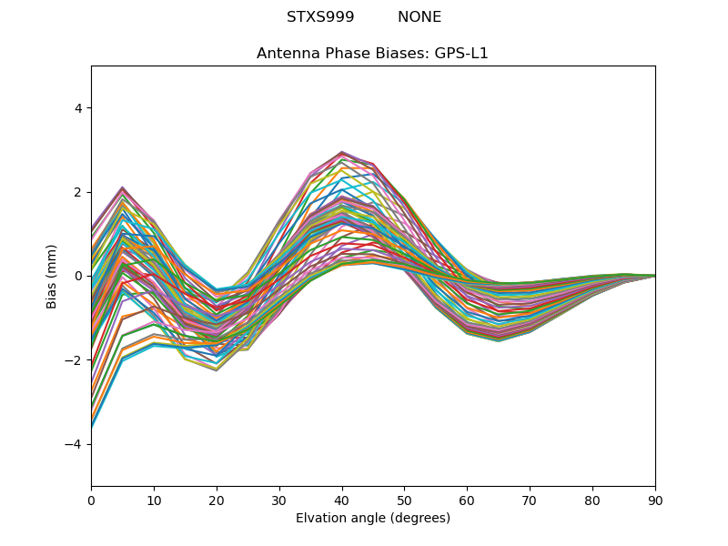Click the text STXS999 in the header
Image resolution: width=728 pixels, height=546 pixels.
320,17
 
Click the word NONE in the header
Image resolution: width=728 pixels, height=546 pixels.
420,17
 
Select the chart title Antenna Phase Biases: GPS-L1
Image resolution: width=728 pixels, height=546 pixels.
372,54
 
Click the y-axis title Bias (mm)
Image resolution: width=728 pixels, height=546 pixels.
52,276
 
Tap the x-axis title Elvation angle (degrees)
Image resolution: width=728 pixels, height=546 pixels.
372,518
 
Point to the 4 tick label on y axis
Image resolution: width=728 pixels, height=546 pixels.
77,108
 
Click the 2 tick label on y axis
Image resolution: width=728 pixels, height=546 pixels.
77,192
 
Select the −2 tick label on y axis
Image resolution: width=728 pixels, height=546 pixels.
74,360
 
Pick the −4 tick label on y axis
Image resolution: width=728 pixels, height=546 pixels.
74,444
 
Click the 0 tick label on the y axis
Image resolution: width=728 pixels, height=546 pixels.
77,276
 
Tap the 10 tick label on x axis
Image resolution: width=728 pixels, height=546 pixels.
154,500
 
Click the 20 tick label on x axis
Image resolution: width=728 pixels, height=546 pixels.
217,500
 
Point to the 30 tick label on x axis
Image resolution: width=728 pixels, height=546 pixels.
279,500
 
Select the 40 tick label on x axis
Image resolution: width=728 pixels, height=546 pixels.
342,500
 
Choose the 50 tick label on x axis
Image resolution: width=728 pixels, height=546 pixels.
404,500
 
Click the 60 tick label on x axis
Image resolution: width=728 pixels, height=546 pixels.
467,500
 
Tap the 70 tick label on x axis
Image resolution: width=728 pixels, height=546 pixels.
530,500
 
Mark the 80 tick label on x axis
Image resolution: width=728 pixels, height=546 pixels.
592,500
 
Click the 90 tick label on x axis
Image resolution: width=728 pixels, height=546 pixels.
655,500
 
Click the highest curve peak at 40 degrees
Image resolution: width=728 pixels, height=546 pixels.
342,152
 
